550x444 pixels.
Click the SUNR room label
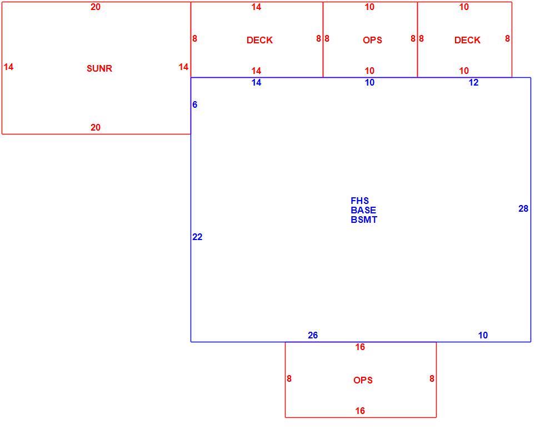[x=99, y=68]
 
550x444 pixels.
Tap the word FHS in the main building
[x=359, y=201]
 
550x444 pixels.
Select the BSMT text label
[x=364, y=219]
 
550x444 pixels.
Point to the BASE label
[x=363, y=210]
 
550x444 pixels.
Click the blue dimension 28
[x=523, y=209]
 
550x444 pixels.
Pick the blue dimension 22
[x=197, y=237]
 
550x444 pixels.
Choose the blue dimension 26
[x=313, y=336]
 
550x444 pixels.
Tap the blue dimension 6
[x=194, y=104]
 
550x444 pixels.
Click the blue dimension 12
[x=473, y=82]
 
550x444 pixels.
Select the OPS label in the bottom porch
[x=363, y=380]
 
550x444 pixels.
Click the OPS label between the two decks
[x=372, y=40]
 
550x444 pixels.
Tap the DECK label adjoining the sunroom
[x=259, y=40]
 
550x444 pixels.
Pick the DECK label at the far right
[x=467, y=40]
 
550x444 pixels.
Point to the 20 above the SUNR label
[x=96, y=7]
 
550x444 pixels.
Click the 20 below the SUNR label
[x=96, y=127]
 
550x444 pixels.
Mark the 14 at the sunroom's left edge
[x=8, y=67]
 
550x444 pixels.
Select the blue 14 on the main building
[x=257, y=82]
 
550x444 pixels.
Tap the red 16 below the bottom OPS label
[x=360, y=411]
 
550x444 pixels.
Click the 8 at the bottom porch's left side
[x=289, y=379]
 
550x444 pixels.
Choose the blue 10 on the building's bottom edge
[x=483, y=336]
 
